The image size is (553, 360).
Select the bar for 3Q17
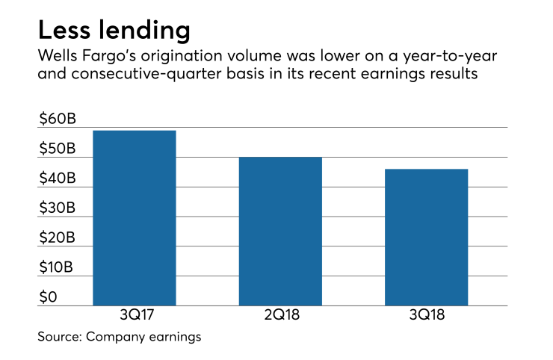point(134,218)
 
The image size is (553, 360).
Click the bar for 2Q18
point(280,232)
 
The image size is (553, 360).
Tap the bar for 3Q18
point(426,238)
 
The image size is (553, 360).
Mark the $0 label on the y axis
point(49,298)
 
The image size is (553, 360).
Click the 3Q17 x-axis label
point(134,317)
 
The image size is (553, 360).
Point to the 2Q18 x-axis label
point(280,317)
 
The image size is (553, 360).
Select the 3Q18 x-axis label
point(426,317)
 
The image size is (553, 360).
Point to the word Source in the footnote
point(58,337)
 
